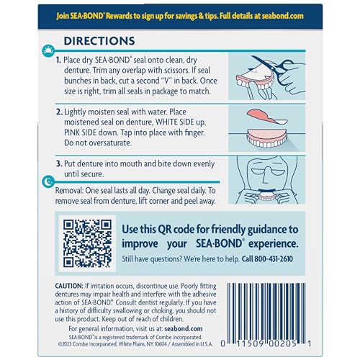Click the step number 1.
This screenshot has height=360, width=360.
click(x=78, y=62)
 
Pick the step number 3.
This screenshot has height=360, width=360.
click(x=78, y=165)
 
